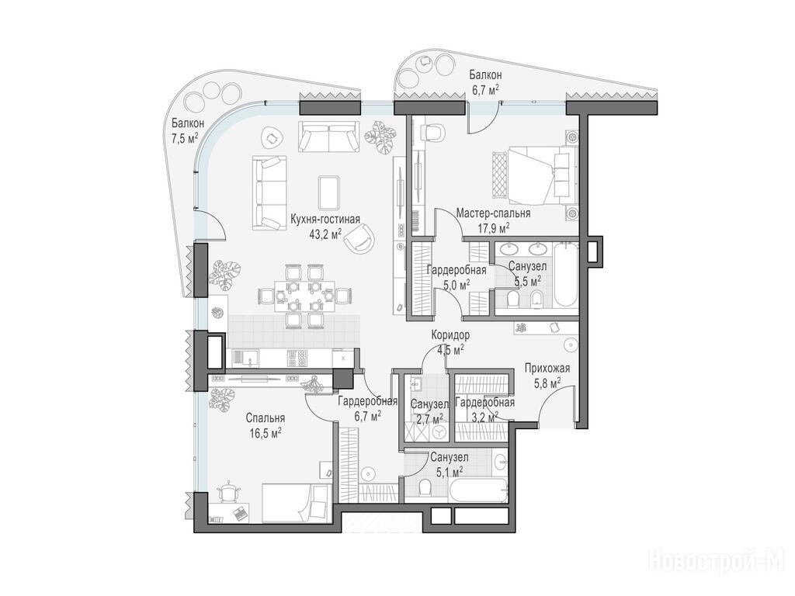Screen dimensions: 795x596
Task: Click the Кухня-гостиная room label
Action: point(325,220)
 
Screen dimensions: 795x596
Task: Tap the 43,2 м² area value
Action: point(325,233)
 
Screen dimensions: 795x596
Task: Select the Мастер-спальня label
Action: point(493,213)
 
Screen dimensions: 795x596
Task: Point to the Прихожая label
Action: point(547,369)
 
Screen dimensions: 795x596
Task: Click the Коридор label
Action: point(450,335)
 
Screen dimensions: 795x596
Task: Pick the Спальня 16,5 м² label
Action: point(265,426)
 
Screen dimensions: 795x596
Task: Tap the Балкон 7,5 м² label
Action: point(187,130)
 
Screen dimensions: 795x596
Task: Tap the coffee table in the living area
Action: point(329,192)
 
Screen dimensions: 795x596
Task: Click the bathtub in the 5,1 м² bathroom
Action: point(478,490)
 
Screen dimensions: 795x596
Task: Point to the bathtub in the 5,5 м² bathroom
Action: point(565,275)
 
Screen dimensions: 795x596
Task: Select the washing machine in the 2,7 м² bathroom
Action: point(439,431)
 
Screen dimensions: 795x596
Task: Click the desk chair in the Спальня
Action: point(230,491)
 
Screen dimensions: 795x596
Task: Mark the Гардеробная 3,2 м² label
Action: point(485,410)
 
